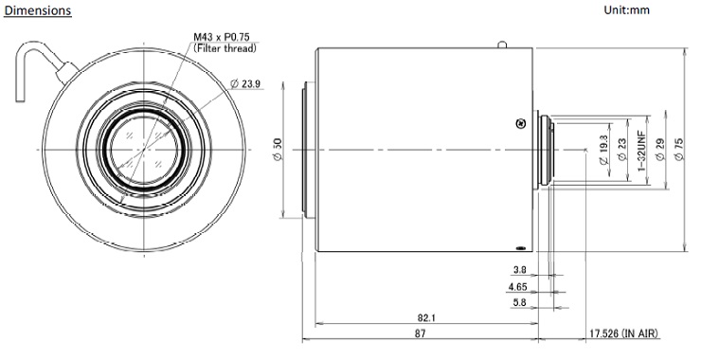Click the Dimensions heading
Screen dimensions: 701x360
click(x=38, y=10)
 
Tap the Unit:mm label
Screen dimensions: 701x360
click(x=626, y=9)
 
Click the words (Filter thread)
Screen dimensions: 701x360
click(x=225, y=48)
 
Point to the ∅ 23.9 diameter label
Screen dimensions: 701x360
click(x=245, y=83)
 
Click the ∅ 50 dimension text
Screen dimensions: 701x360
click(x=278, y=150)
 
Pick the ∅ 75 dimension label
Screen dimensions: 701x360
click(x=678, y=150)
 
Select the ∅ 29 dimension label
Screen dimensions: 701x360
click(x=659, y=150)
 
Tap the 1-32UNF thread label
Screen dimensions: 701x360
click(x=641, y=151)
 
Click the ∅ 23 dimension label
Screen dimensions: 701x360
click(x=621, y=150)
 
